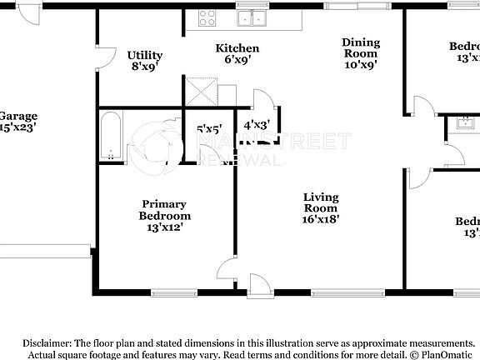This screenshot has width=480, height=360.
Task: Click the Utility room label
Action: (x=145, y=56)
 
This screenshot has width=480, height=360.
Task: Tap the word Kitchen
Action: (x=237, y=48)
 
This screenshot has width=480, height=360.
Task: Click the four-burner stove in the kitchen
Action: (x=207, y=17)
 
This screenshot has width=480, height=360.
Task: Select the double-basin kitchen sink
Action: (x=252, y=17)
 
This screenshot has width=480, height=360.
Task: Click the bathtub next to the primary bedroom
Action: (x=112, y=137)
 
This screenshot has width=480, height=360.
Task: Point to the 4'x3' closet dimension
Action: (x=256, y=126)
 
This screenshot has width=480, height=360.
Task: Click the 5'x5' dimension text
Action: (x=208, y=129)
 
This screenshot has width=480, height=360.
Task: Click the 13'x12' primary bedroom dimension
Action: (x=164, y=227)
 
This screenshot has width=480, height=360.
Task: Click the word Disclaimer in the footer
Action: (x=47, y=343)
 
